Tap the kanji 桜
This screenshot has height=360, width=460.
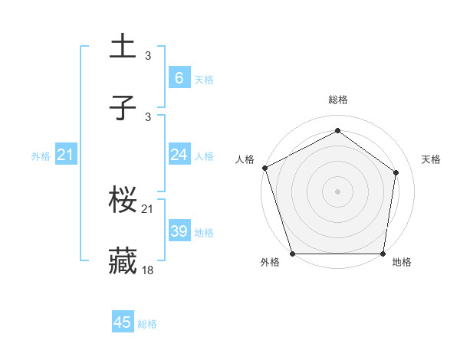[x=123, y=201]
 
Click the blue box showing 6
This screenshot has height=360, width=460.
[x=179, y=78]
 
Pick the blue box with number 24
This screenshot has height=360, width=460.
[x=179, y=155]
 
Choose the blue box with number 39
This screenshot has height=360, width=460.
[x=179, y=231]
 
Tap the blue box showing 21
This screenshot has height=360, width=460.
[x=65, y=155]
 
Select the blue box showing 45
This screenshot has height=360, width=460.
[x=123, y=322]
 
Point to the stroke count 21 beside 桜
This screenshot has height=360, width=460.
[x=149, y=208]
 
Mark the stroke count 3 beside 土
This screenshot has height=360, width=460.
[x=148, y=55]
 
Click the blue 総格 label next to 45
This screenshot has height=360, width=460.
[x=147, y=324]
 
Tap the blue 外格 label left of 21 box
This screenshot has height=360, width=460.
[x=41, y=156]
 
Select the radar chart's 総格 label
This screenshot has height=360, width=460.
[x=337, y=100]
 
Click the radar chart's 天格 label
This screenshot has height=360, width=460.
[x=432, y=159]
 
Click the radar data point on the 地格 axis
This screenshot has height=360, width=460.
[x=383, y=254]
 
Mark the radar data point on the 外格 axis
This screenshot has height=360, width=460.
[x=292, y=254]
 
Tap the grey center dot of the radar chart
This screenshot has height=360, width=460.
[x=337, y=191]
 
